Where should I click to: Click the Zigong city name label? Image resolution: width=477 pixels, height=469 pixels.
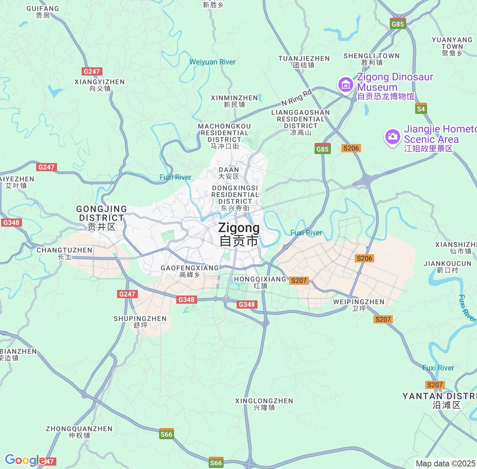(238, 234)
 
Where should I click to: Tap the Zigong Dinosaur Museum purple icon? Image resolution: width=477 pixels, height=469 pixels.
(345, 84)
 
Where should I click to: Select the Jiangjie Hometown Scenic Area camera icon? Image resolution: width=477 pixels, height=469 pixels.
(392, 137)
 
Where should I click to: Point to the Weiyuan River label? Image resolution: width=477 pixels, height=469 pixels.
(212, 62)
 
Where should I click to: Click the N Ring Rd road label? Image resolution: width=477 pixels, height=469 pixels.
(296, 98)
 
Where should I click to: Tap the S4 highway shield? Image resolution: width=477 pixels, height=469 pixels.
(421, 109)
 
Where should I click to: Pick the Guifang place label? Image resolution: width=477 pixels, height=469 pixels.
(43, 12)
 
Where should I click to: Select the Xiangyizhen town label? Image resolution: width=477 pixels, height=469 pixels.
(99, 85)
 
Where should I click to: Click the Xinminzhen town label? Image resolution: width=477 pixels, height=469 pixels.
(234, 101)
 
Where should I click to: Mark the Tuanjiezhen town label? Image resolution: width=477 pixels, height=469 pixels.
(304, 62)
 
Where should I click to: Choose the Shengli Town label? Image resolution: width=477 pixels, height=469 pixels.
(372, 59)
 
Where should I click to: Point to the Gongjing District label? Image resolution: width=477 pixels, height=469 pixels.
(101, 218)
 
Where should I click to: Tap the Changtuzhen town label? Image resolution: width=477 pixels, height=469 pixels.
(64, 253)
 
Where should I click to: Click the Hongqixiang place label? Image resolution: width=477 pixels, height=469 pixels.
(260, 282)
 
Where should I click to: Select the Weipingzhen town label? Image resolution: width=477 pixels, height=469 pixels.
(358, 305)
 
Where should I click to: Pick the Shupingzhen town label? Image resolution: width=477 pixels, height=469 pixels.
(140, 322)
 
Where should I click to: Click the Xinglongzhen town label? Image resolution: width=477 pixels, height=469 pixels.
(264, 404)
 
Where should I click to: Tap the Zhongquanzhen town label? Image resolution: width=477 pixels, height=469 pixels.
(79, 432)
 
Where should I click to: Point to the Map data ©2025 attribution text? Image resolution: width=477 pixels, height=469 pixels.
(445, 463)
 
